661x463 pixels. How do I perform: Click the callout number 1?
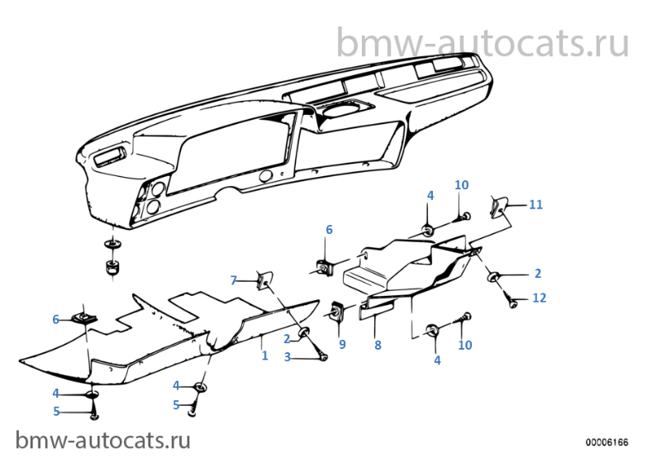click(264, 356)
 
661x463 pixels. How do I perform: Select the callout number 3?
click(288, 357)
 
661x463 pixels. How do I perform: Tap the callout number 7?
click(234, 280)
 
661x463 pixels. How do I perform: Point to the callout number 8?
click(378, 346)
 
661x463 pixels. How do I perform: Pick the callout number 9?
click(342, 343)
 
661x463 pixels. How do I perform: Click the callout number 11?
click(536, 204)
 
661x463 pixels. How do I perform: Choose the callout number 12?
click(539, 298)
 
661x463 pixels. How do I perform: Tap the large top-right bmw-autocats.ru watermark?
click(482, 41)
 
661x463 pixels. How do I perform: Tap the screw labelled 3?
click(321, 356)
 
